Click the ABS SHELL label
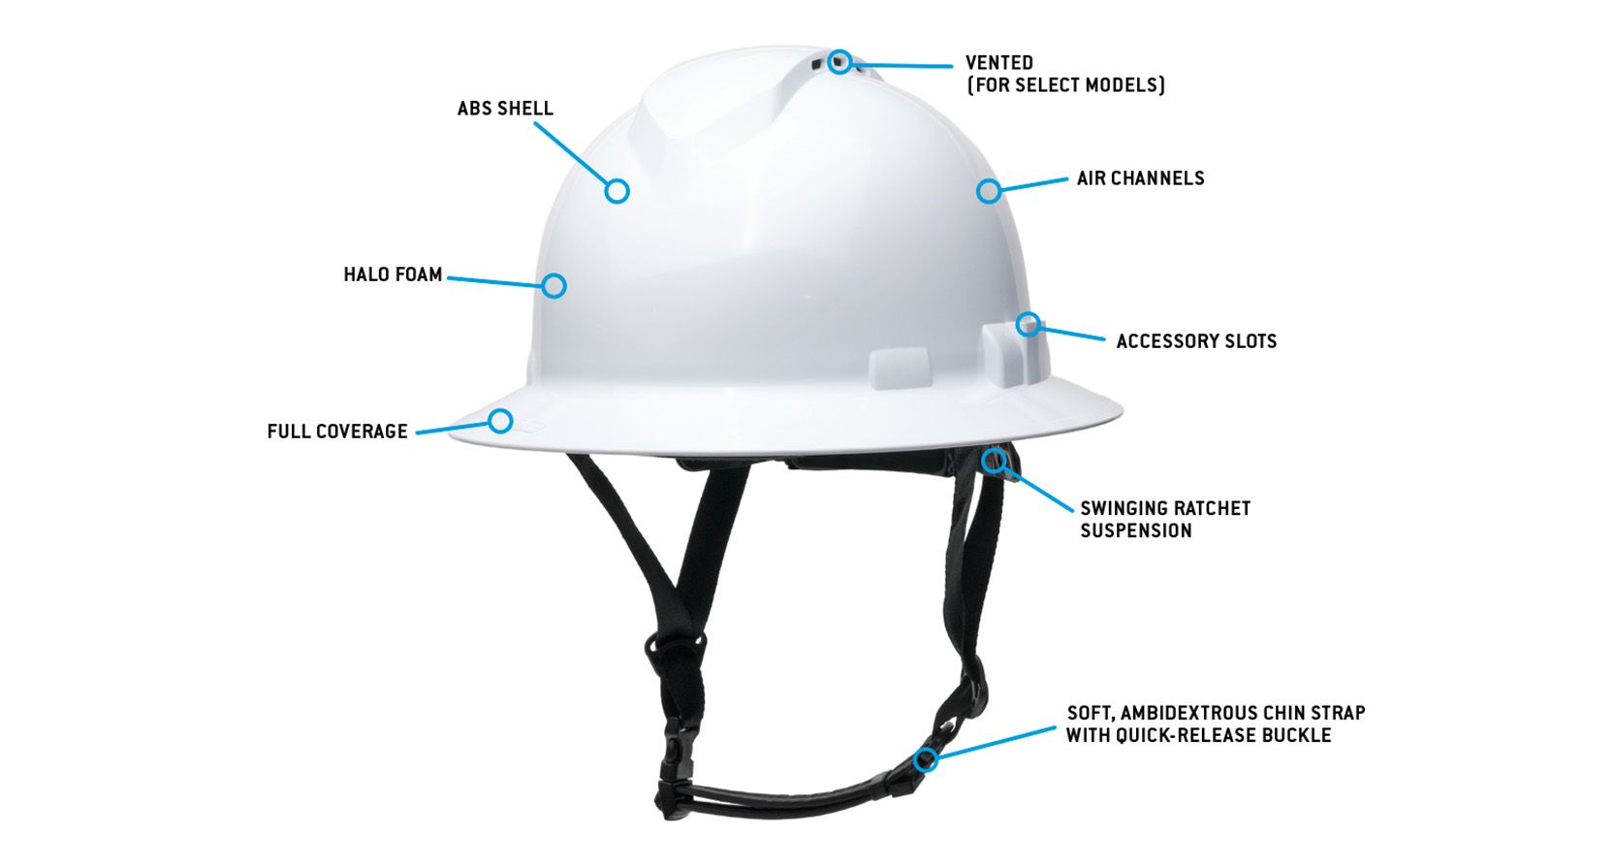(x=505, y=109)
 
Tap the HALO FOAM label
(x=393, y=274)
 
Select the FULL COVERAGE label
(x=337, y=432)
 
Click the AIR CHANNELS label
(x=1140, y=178)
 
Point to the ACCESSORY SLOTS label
(x=1196, y=341)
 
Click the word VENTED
(x=999, y=63)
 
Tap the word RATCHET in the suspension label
(x=1212, y=508)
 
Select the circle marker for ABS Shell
(x=617, y=191)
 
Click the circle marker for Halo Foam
(x=554, y=285)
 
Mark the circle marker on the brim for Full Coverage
(x=500, y=421)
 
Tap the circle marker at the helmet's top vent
(x=840, y=62)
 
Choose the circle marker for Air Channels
(x=988, y=191)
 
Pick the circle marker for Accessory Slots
(x=1029, y=323)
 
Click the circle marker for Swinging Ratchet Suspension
(x=993, y=460)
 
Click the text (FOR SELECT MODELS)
(x=1065, y=85)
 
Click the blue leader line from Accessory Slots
(x=1072, y=333)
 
